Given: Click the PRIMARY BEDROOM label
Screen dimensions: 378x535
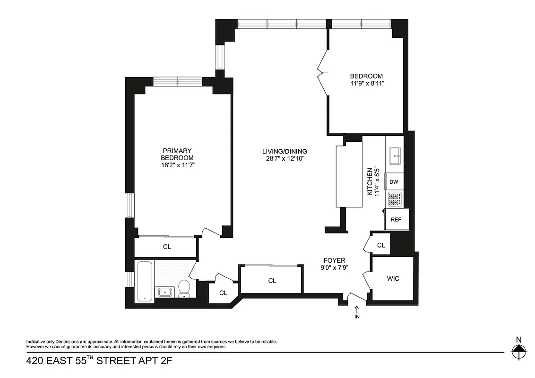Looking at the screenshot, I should click(177, 154).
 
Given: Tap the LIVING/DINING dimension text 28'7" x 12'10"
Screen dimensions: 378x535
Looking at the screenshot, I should click(285, 159).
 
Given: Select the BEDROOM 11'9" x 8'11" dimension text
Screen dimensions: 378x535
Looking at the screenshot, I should click(366, 84).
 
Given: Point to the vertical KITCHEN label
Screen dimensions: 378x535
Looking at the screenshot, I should click(371, 181).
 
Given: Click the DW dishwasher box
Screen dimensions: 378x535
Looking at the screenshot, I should click(394, 181).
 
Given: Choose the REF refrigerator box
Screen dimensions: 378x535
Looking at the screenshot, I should click(396, 220).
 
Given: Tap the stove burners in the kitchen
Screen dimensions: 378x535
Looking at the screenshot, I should click(395, 199).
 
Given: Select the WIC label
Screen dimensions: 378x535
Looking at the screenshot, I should click(393, 279).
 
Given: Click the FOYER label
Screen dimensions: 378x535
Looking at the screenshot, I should click(334, 260).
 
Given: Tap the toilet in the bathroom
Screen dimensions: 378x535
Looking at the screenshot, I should click(184, 288).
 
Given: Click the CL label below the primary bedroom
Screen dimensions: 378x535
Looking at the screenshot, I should click(167, 247).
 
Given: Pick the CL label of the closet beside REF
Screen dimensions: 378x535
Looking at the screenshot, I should click(381, 245).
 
